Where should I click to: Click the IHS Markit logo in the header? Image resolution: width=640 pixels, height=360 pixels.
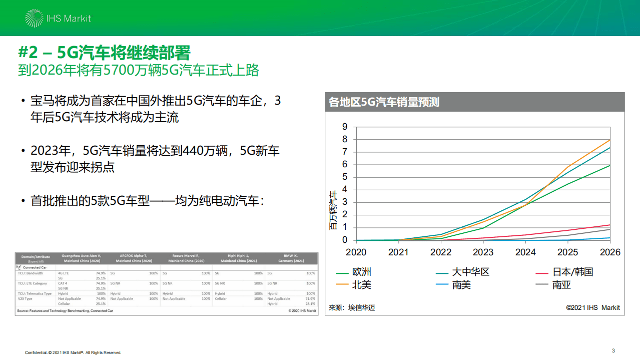[58, 19]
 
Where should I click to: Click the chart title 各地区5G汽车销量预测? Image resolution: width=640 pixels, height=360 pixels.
[384, 102]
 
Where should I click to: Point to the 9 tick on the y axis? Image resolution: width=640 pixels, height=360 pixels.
[345, 127]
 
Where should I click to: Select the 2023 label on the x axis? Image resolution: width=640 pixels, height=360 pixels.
[483, 252]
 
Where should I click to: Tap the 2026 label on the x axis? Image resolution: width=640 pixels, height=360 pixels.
[610, 252]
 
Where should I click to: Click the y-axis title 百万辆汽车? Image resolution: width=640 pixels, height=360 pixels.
[333, 210]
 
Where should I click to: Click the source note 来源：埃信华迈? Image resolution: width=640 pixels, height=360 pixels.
[352, 307]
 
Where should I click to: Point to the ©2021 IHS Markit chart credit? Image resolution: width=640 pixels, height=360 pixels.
[592, 307]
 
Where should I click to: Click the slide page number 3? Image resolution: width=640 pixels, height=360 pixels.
[613, 350]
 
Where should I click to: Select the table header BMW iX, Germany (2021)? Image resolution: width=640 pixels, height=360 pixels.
[292, 258]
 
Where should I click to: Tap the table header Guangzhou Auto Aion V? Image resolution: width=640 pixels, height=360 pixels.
[81, 256]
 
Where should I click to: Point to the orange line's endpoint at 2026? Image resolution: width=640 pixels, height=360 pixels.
[610, 140]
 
